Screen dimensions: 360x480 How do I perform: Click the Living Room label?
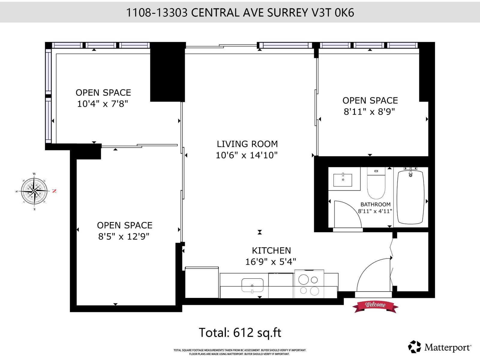[x=247, y=144]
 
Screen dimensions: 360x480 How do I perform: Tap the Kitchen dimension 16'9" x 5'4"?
[x=271, y=262]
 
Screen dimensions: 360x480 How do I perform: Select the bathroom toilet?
[x=376, y=184]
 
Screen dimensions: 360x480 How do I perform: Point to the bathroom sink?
[x=343, y=179]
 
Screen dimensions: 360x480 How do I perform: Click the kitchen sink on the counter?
[x=252, y=285]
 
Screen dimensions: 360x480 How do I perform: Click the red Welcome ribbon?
[x=375, y=305]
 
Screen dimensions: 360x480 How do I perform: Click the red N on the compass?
[x=54, y=191]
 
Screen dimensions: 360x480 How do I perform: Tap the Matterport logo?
[x=440, y=347]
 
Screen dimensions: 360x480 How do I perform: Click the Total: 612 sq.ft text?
[x=240, y=333]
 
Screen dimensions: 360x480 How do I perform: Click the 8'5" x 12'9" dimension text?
[x=124, y=237]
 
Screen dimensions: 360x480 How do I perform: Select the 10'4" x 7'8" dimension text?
[x=103, y=104]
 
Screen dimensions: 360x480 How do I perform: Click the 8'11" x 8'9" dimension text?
[x=369, y=112]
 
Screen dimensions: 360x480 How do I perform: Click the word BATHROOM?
[x=375, y=205]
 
